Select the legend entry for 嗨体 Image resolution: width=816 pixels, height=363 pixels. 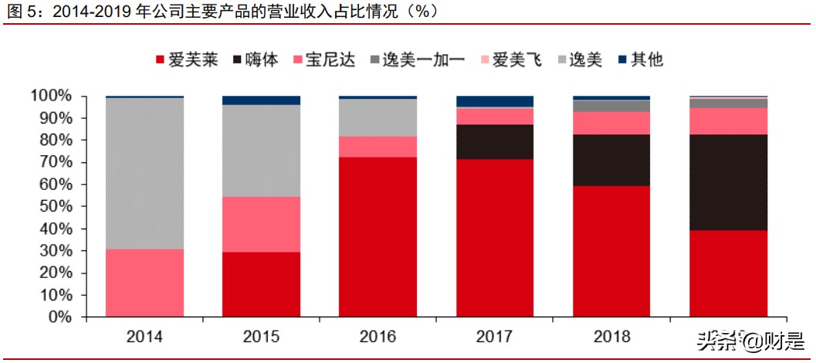tap(255, 59)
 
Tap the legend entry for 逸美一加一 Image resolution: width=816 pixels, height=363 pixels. tap(416, 59)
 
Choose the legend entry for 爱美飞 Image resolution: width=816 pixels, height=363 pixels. tap(509, 59)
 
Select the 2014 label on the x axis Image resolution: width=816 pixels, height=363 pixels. tap(144, 337)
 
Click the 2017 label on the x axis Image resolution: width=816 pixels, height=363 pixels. tap(494, 337)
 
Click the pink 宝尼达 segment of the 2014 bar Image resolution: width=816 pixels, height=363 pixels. tap(144, 283)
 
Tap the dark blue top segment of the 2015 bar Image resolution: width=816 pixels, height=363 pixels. tap(261, 100)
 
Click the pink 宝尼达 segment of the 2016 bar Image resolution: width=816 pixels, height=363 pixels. tap(378, 147)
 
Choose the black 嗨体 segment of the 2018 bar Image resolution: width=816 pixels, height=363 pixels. tap(611, 160)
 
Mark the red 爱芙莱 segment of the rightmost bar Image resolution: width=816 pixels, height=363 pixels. tap(728, 273)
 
